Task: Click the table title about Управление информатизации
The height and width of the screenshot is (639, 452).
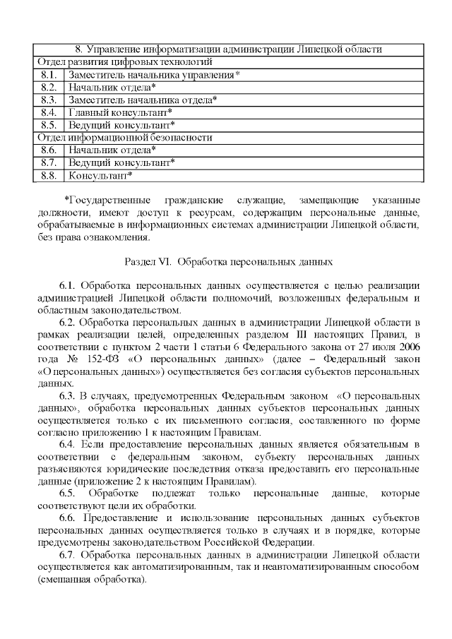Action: pyautogui.click(x=229, y=50)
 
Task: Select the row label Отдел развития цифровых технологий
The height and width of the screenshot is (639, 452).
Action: pyautogui.click(x=116, y=62)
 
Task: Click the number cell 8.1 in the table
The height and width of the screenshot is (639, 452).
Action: pyautogui.click(x=49, y=75)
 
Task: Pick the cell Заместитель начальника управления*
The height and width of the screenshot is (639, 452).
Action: pyautogui.click(x=154, y=75)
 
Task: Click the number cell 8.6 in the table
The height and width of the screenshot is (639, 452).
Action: pyautogui.click(x=49, y=150)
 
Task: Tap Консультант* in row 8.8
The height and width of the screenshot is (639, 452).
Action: pyautogui.click(x=100, y=175)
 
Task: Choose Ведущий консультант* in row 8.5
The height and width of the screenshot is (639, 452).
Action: pyautogui.click(x=121, y=125)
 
